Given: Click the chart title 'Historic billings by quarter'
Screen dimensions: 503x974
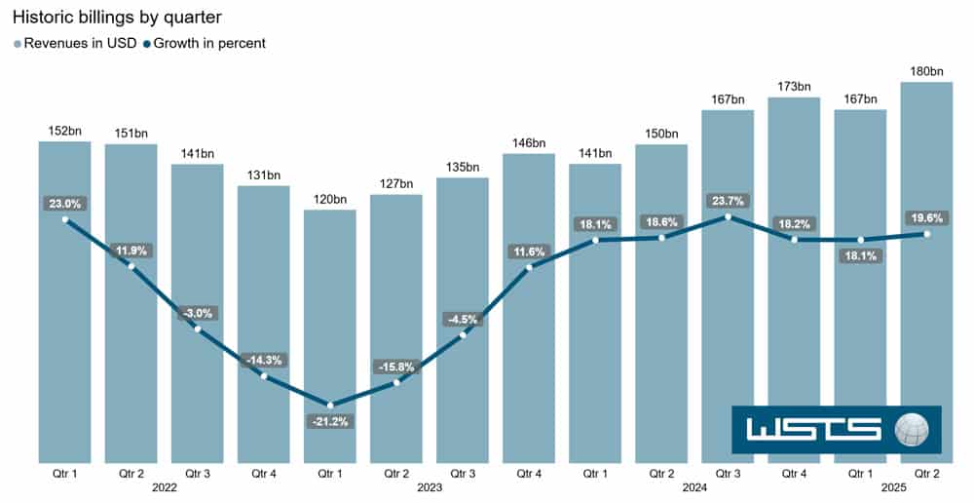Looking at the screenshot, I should [x=117, y=17].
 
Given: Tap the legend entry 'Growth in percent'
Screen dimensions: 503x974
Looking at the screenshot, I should [x=204, y=43].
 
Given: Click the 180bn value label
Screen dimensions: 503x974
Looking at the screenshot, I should [x=926, y=71].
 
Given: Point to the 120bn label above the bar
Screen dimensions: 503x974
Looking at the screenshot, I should [x=330, y=199].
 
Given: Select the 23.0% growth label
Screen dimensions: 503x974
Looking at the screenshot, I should [x=65, y=204].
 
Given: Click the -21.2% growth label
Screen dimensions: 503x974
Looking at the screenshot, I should [x=330, y=422].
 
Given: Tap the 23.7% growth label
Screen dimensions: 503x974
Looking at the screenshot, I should [x=728, y=201].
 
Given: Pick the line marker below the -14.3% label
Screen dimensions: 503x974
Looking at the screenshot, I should [x=264, y=375].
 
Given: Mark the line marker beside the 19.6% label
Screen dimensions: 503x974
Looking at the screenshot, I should [x=926, y=234].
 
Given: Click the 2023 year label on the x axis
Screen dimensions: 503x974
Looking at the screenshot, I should [x=430, y=488].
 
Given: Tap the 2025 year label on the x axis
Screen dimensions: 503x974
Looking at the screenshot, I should [x=893, y=488].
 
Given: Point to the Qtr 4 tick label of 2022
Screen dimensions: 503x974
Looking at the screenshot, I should [x=264, y=474].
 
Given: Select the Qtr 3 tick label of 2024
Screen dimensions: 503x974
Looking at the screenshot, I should [x=728, y=474].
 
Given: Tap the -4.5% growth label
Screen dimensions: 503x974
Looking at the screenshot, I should [x=463, y=319].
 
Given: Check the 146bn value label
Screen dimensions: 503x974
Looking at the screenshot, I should [x=529, y=143].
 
